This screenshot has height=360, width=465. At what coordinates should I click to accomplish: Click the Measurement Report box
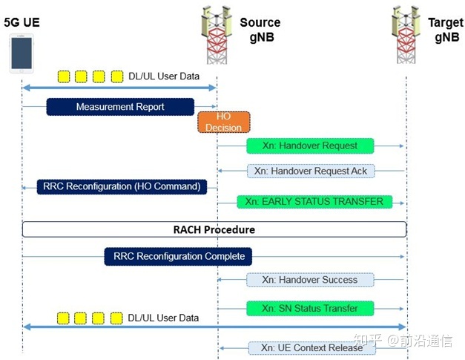coord(120,107)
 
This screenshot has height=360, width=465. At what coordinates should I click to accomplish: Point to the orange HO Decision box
coord(223,122)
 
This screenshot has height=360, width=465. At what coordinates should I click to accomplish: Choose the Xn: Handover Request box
coord(310,146)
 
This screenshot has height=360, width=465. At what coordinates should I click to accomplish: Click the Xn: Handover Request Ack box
coord(310,171)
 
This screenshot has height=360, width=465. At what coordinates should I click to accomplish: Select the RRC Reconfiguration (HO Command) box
coord(122,186)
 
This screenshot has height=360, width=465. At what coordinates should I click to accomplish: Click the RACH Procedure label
coord(214,229)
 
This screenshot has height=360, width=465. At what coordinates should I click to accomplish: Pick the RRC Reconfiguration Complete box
coord(178,257)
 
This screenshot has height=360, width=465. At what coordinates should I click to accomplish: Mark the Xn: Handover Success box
coord(310,280)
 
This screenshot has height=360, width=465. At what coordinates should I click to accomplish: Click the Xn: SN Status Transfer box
coord(310,308)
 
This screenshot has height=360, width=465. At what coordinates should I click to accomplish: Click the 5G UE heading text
coord(22,22)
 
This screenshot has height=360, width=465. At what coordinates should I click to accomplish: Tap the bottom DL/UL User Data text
coord(163,318)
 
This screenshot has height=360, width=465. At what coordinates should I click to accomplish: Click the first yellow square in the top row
coord(64,76)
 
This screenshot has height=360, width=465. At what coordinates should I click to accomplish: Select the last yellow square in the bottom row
coord(116,318)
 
